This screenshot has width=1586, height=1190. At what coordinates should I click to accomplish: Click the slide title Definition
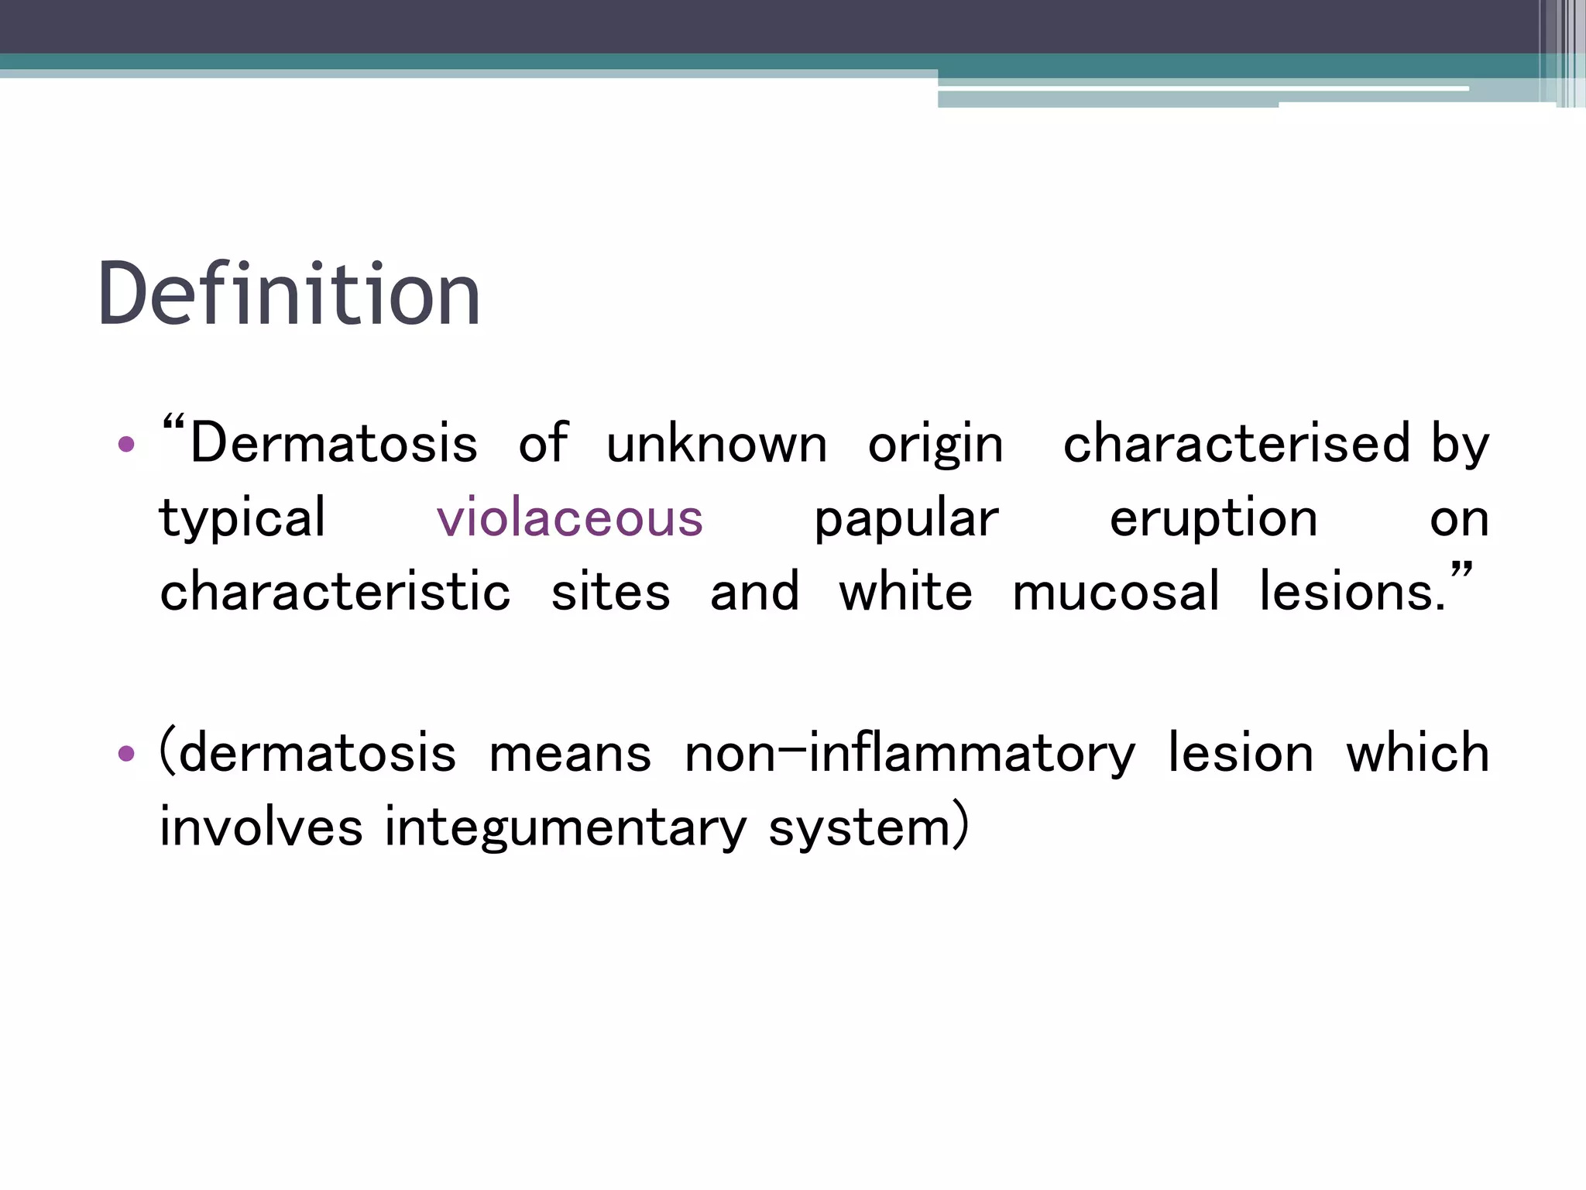coord(289,294)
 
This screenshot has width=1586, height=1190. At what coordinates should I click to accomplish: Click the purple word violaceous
coord(570,518)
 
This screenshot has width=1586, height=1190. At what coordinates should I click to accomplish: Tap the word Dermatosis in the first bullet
coord(334,444)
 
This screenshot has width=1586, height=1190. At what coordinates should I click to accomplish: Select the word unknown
coord(716,445)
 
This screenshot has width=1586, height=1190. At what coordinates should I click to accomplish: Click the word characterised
coord(1236,444)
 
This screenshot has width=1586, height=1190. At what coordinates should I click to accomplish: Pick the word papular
coord(906,519)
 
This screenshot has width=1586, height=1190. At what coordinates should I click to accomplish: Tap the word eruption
coord(1213,519)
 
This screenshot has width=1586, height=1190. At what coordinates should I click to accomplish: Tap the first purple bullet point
coord(126,445)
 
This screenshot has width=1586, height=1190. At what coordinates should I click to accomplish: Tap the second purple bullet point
coord(126,753)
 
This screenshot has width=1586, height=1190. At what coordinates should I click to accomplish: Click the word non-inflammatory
coord(909,754)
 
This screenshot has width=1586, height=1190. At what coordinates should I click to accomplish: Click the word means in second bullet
coord(570,754)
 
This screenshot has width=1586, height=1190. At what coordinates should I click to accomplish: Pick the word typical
coord(242,519)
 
